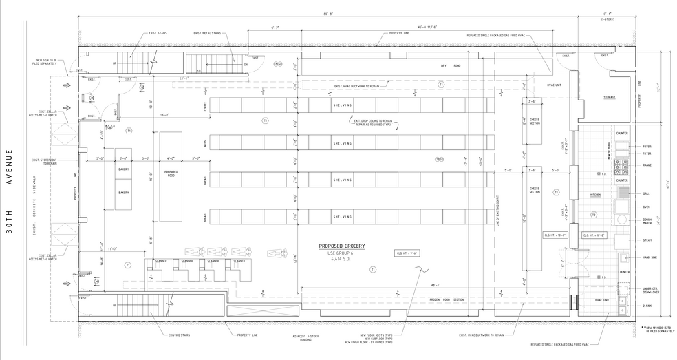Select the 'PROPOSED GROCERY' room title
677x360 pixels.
coord(341,246)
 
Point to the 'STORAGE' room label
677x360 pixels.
coord(609,98)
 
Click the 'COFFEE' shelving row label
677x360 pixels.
coord(204,105)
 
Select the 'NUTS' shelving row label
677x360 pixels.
coord(204,143)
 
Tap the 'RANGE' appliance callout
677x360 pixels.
coord(647,165)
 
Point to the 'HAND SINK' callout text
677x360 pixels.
coord(649,257)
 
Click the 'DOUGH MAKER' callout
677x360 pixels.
coord(648,221)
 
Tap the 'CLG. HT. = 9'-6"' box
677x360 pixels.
coord(407,253)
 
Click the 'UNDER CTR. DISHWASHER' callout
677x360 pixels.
coord(651,291)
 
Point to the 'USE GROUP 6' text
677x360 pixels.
coord(341,253)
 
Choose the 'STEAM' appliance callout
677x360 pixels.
coord(646,240)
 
